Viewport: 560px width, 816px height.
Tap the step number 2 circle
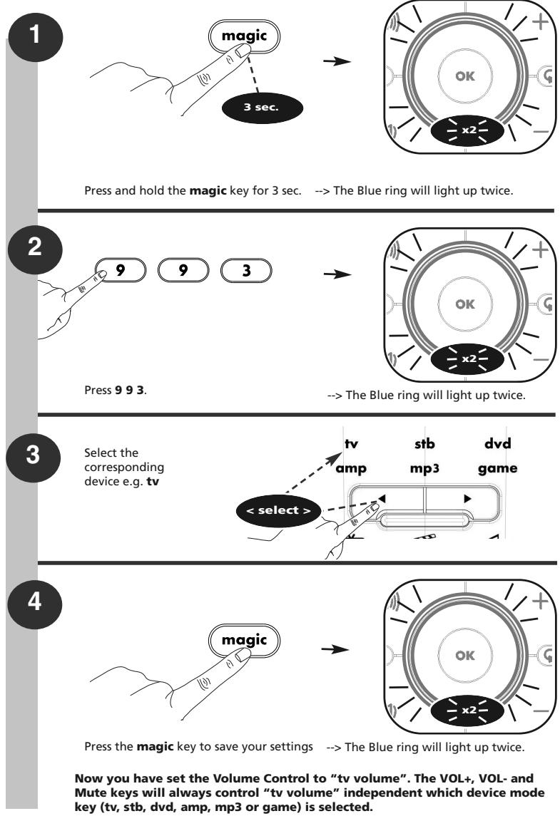[x=35, y=246]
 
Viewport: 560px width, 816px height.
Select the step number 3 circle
[x=34, y=454]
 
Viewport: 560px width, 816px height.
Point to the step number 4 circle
[x=34, y=601]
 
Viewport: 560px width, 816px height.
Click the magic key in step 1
[x=244, y=36]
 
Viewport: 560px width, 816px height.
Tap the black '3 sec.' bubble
[x=262, y=108]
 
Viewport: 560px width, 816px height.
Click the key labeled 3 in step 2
[x=246, y=270]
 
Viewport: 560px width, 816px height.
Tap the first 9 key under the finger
[x=121, y=270]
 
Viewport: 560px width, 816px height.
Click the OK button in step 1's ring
[x=464, y=76]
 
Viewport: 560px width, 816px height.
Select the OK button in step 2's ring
[x=464, y=304]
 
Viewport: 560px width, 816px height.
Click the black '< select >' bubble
[x=278, y=510]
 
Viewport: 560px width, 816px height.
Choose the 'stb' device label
[x=424, y=444]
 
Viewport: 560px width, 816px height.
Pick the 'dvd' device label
[x=497, y=444]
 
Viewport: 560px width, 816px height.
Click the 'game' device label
[x=497, y=468]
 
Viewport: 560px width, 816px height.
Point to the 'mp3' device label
[x=424, y=468]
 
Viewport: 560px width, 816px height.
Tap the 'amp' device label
[x=351, y=468]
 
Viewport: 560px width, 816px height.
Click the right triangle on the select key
[x=467, y=499]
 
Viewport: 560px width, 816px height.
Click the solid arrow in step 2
[x=337, y=274]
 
